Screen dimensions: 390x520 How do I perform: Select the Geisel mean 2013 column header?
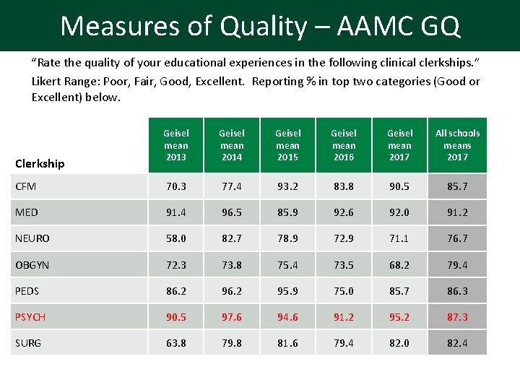[175, 144]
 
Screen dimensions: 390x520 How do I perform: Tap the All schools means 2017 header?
[457, 144]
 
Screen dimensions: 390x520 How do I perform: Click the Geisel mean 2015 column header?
[287, 144]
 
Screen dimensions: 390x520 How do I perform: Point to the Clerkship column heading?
[40, 163]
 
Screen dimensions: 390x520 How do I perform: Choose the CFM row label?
[26, 186]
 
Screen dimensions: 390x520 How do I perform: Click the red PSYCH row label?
[30, 316]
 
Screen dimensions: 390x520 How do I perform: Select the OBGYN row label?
[32, 265]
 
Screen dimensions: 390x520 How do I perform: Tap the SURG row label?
[28, 342]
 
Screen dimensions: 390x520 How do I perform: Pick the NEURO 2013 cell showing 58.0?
[175, 238]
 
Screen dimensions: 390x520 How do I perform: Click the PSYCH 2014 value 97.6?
[231, 316]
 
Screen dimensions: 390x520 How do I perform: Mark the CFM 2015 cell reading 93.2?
[287, 186]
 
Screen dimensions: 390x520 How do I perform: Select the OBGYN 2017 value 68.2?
[399, 265]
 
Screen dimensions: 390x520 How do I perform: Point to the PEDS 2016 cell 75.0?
[344, 291]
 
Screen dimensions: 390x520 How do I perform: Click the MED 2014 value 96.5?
[231, 212]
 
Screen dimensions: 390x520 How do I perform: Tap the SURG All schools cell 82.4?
[457, 343]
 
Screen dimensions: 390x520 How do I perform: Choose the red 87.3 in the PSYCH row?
[457, 316]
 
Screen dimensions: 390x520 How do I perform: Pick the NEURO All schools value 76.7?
[457, 238]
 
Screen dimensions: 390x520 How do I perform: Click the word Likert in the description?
[46, 81]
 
